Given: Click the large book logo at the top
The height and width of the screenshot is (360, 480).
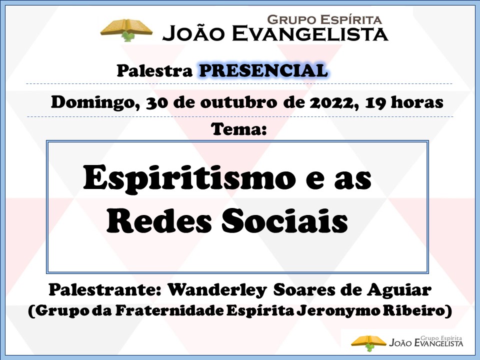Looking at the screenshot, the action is click(x=126, y=29).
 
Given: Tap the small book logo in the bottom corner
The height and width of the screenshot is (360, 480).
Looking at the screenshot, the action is click(x=368, y=343).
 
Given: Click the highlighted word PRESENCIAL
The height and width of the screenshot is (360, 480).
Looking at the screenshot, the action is click(x=263, y=70).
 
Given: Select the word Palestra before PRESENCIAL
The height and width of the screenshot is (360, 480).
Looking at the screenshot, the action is click(x=154, y=70).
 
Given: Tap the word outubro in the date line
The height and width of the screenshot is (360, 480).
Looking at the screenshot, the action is click(x=238, y=102).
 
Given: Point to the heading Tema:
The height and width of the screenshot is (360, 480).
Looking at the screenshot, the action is click(x=239, y=129).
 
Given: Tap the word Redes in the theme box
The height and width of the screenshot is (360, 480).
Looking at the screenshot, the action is click(x=159, y=221).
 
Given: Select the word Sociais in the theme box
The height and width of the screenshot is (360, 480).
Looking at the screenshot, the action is click(x=284, y=221).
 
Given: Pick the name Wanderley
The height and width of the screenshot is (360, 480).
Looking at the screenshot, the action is click(x=216, y=290).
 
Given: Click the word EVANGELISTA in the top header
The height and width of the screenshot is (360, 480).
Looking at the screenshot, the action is click(x=310, y=33).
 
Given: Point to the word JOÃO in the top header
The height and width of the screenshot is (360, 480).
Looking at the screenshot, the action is click(x=193, y=33).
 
